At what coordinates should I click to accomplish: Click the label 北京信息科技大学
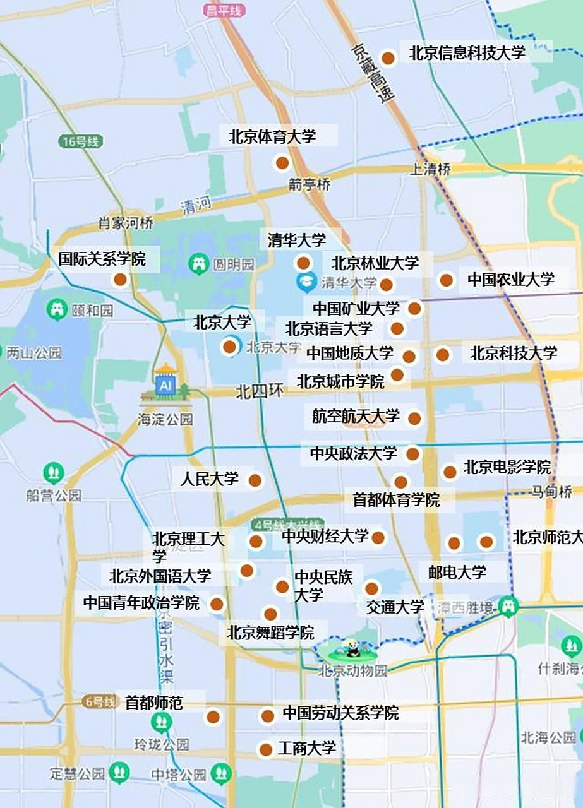coord(467,53)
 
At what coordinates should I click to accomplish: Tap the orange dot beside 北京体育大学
coord(282,163)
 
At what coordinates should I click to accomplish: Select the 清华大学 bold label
coord(297,240)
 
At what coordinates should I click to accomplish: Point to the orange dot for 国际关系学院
coord(120,280)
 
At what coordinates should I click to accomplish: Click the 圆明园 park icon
coord(200,264)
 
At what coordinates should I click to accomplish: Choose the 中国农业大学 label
coord(510,279)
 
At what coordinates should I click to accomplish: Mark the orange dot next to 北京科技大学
coord(443,355)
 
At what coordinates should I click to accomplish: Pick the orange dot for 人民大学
coord(255,481)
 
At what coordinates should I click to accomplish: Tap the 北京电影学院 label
coord(507,468)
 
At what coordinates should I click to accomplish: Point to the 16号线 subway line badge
coord(80,141)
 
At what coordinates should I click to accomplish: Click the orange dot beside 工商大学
coord(266,750)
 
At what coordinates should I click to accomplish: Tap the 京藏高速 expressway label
coord(373,73)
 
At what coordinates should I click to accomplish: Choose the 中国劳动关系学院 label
coord(340,714)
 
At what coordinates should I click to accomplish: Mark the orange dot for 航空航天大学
coord(414,418)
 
